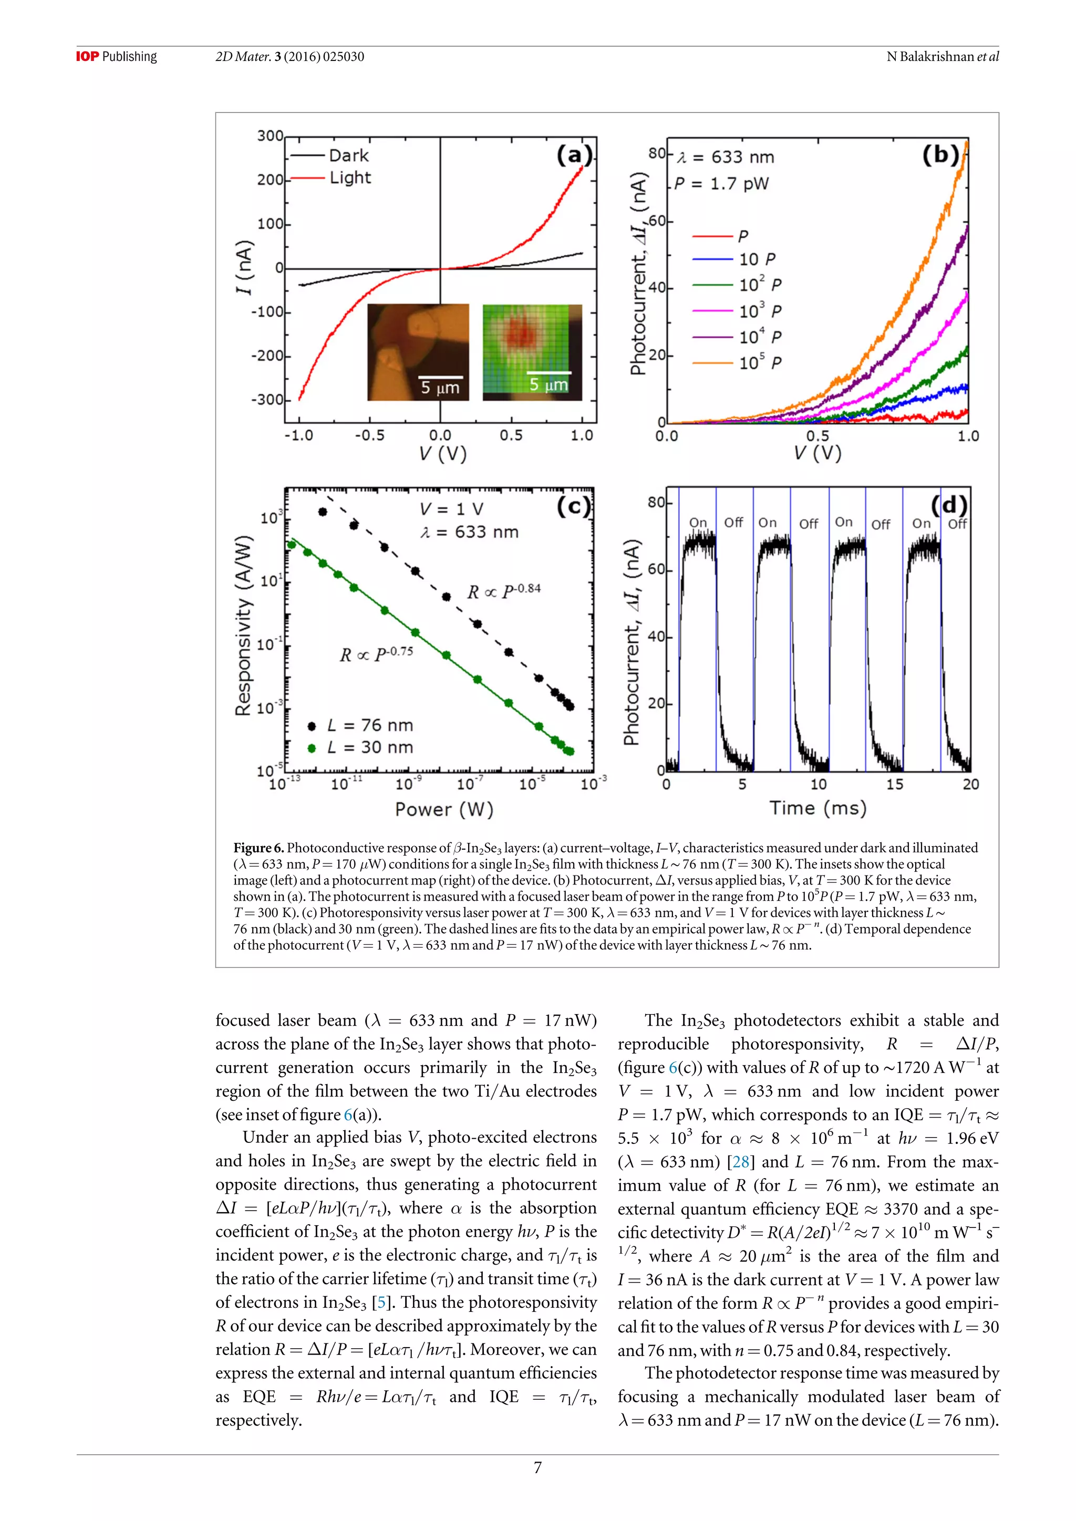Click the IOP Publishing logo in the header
pyautogui.click(x=117, y=56)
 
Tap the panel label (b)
pyautogui.click(x=940, y=155)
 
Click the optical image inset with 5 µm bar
pyautogui.click(x=418, y=352)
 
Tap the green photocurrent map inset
pyautogui.click(x=532, y=352)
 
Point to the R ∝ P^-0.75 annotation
pyautogui.click(x=376, y=654)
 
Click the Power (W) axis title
pyautogui.click(x=444, y=809)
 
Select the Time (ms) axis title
pyautogui.click(x=818, y=808)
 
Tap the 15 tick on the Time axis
pyautogui.click(x=894, y=784)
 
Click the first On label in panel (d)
pyautogui.click(x=698, y=523)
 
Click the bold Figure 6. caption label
pyautogui.click(x=258, y=848)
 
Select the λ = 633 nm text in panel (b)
pyautogui.click(x=726, y=157)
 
